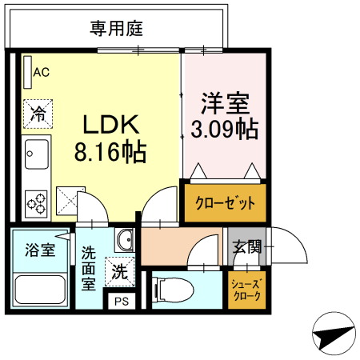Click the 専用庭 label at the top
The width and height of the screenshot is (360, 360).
pos(116,30)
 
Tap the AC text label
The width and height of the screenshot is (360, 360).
pos(41,72)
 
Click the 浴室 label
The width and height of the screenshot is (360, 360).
pos(39,249)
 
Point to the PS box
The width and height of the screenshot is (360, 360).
pos(121,302)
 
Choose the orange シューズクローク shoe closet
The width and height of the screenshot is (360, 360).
pos(245,287)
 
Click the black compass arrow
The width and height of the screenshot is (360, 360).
pos(331,337)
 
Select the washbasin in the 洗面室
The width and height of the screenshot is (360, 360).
pos(124,240)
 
